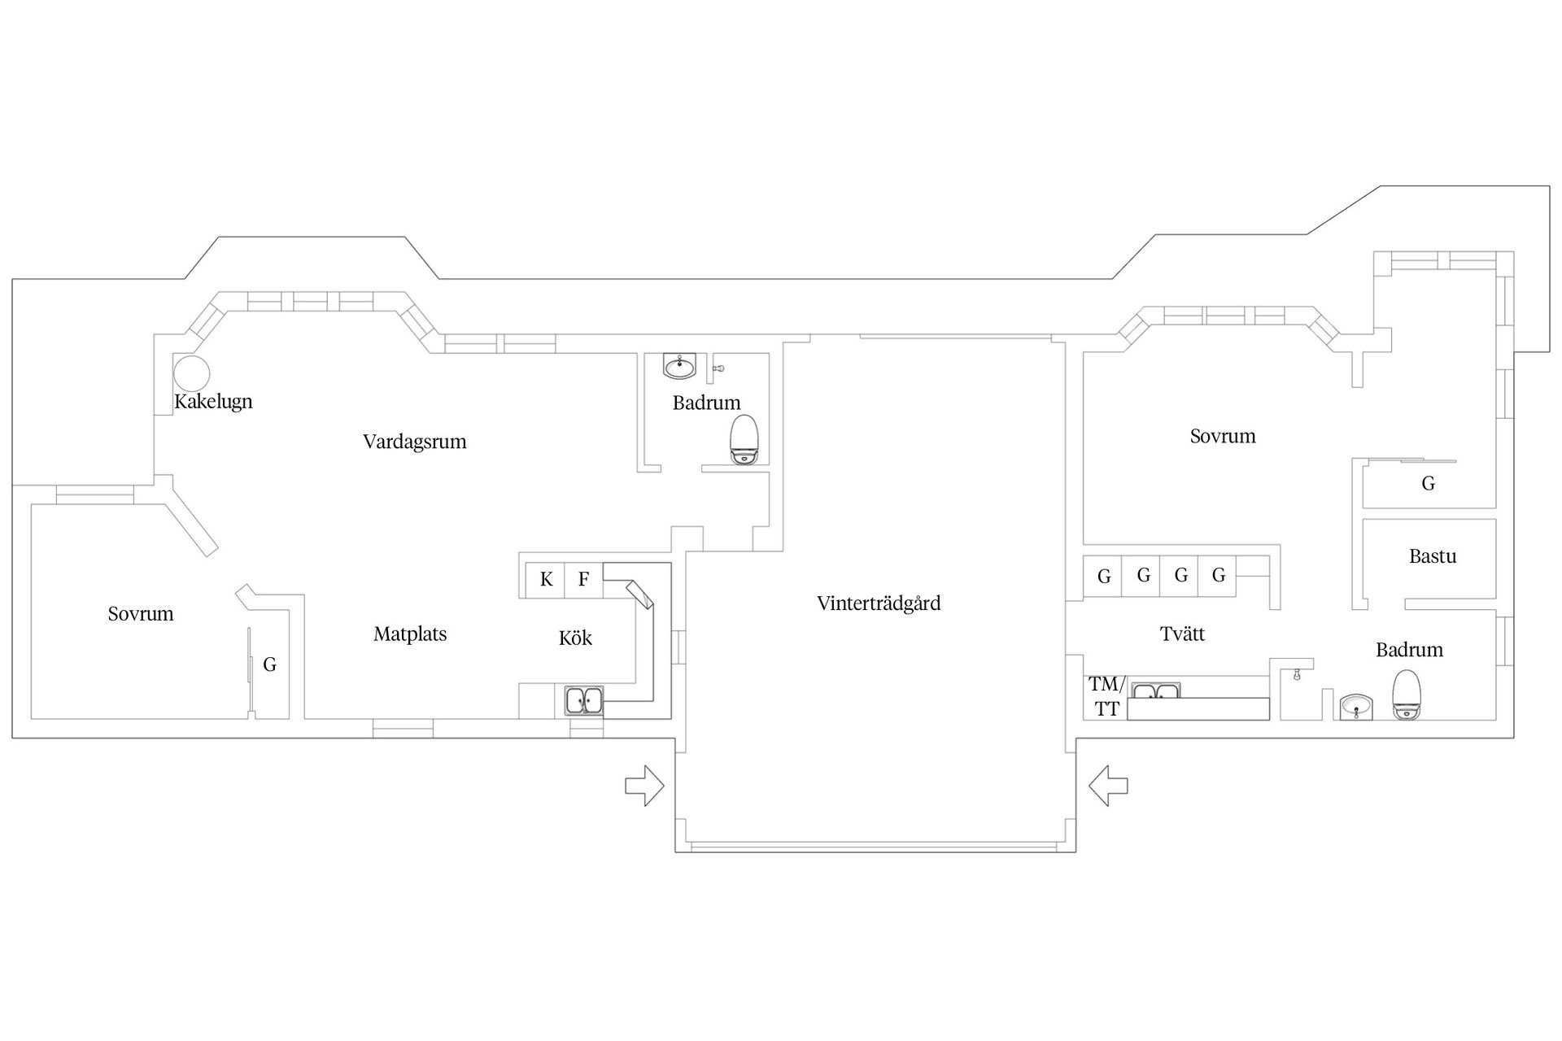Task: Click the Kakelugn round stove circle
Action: tap(192, 355)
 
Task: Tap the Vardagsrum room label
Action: tap(415, 442)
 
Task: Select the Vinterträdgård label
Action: tap(879, 603)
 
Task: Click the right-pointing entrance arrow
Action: tap(644, 786)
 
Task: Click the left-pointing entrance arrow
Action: tap(1108, 786)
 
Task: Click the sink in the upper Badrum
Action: tap(679, 366)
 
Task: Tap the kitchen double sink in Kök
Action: tap(584, 701)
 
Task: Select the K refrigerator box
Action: tap(546, 580)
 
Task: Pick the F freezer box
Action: tap(584, 580)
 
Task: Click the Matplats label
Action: tap(410, 634)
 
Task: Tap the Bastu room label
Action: tap(1433, 556)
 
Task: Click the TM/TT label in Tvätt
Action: tap(1106, 696)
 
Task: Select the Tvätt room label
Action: tap(1182, 634)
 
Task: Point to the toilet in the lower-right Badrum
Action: tap(1407, 695)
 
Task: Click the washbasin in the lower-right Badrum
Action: tap(1357, 706)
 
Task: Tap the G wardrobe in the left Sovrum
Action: tap(269, 664)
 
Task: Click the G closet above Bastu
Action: tap(1429, 484)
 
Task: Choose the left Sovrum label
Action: tap(141, 614)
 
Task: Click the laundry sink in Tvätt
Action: tap(1156, 690)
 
